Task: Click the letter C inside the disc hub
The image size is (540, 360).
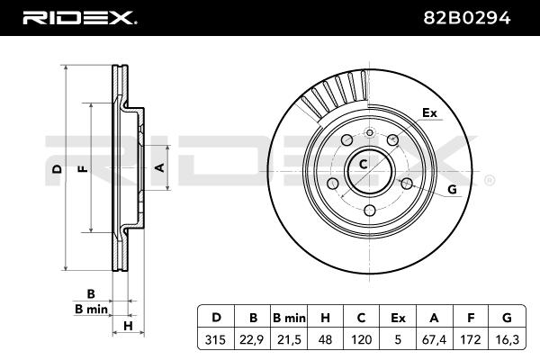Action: point(363,165)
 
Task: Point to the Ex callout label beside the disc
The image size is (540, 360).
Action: point(429,113)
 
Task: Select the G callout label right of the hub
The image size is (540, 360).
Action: point(452,189)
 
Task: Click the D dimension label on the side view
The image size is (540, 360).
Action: point(56,169)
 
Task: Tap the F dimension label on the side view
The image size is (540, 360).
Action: point(82,169)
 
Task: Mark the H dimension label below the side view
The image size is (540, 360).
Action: point(129,326)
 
